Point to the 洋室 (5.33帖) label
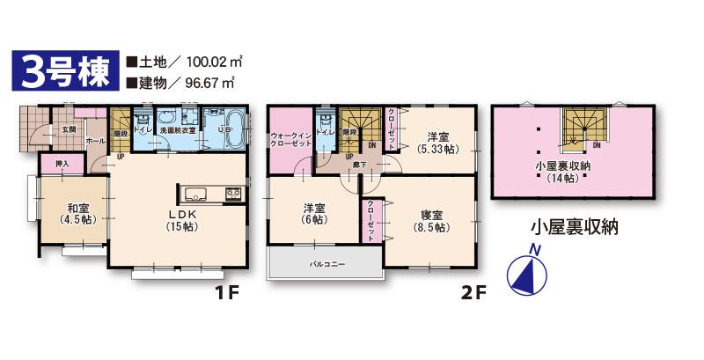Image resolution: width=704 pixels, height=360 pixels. [x=436, y=143]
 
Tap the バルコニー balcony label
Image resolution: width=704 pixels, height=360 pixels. [x=326, y=263]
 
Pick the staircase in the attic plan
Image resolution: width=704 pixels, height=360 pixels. [x=581, y=127]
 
